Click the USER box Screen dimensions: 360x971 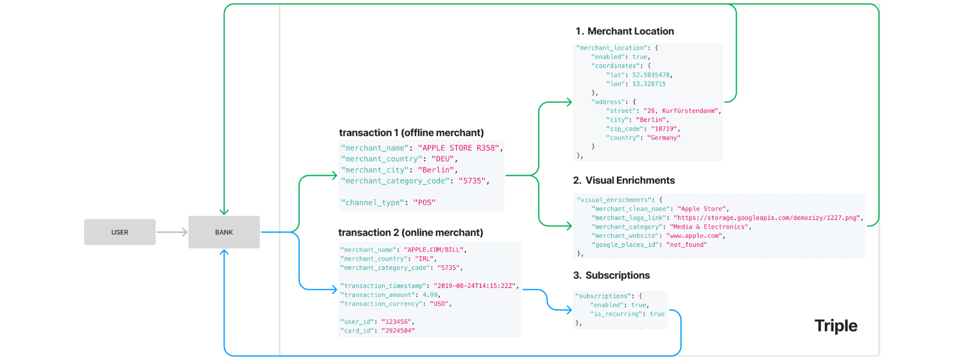[x=119, y=232]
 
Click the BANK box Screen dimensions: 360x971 [x=224, y=232]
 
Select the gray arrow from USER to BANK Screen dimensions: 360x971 [x=171, y=232]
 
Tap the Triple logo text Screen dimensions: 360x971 [x=836, y=326]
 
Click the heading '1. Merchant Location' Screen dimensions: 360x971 [x=624, y=31]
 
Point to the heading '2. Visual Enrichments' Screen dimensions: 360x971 [x=624, y=181]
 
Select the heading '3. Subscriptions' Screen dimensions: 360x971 [x=611, y=275]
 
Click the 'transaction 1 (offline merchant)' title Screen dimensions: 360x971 [x=411, y=133]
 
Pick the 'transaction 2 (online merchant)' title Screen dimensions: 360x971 [x=410, y=233]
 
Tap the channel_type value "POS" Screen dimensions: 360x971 [x=424, y=202]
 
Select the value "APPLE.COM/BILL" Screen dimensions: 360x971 [x=435, y=250]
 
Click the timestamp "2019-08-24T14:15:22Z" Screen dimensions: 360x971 [x=474, y=286]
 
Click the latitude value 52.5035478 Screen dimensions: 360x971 [x=651, y=75]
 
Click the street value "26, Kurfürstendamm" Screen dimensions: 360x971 [x=681, y=111]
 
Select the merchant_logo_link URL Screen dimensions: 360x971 [x=767, y=218]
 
